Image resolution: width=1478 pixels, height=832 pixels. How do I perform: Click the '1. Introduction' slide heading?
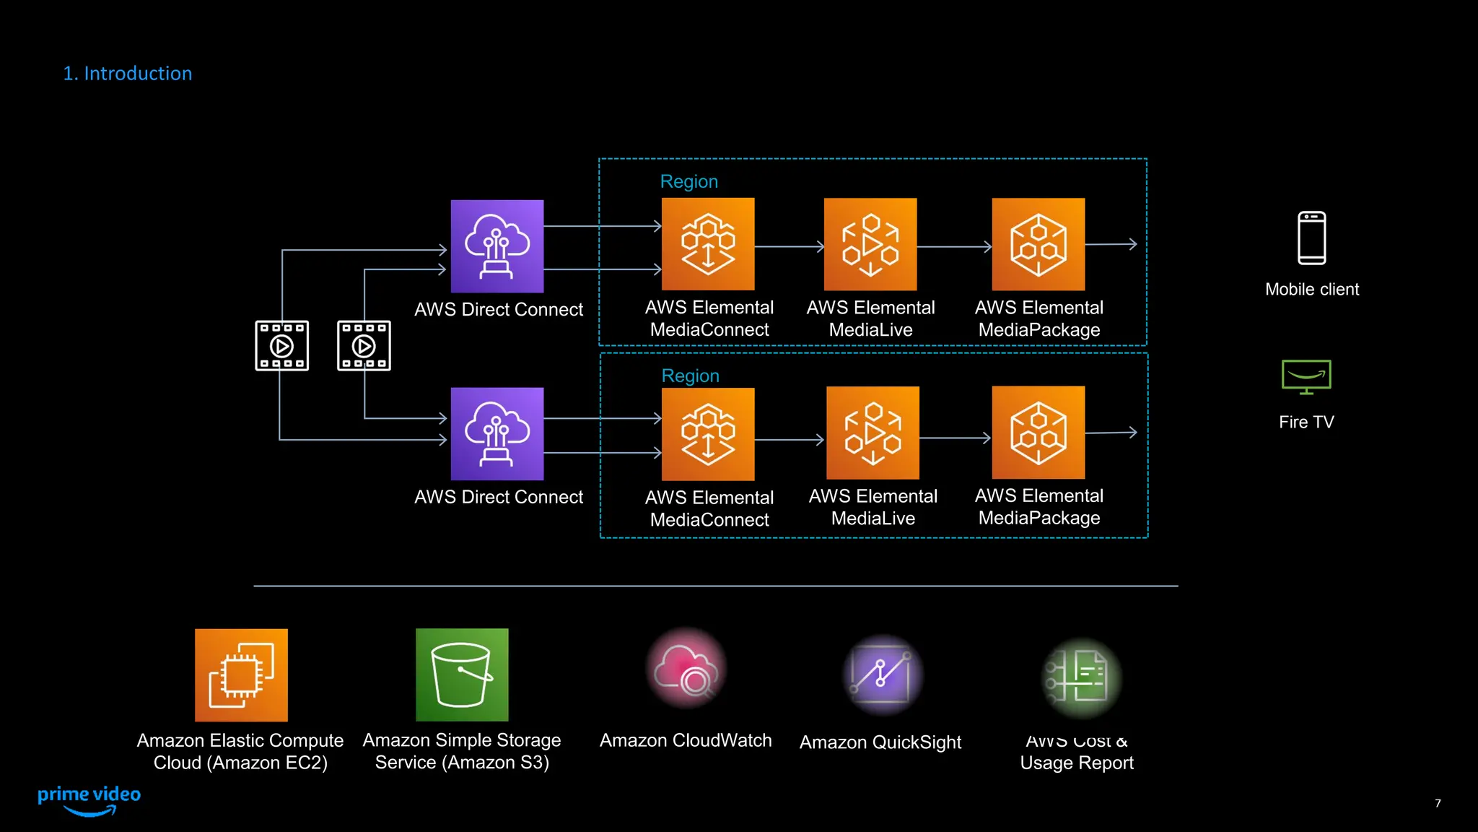point(127,74)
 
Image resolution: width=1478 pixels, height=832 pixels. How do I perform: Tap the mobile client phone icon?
point(1311,238)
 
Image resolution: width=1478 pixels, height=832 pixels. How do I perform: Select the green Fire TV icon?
point(1306,377)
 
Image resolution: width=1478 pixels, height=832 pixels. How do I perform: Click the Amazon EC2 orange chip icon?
point(241,675)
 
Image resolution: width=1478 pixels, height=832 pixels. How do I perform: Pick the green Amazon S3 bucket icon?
point(462,675)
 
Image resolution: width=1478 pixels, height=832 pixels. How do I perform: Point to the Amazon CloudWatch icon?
point(686,669)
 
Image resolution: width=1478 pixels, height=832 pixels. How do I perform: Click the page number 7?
point(1438,803)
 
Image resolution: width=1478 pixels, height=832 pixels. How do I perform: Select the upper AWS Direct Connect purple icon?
point(497,246)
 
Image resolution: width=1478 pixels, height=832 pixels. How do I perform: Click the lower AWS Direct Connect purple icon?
point(497,434)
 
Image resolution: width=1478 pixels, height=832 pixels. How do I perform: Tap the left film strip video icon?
point(282,346)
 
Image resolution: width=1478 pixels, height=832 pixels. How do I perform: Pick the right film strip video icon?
point(364,346)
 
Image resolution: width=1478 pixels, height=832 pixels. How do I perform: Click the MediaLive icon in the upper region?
point(870,245)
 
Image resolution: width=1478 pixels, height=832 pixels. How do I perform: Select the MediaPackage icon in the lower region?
point(1038,433)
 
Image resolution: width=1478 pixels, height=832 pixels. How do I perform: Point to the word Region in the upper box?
point(689,182)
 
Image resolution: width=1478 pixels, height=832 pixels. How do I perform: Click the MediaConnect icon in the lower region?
point(708,434)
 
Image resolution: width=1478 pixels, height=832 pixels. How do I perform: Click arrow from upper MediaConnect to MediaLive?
point(789,246)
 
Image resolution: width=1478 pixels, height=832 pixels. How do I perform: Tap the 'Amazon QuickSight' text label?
point(880,742)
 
